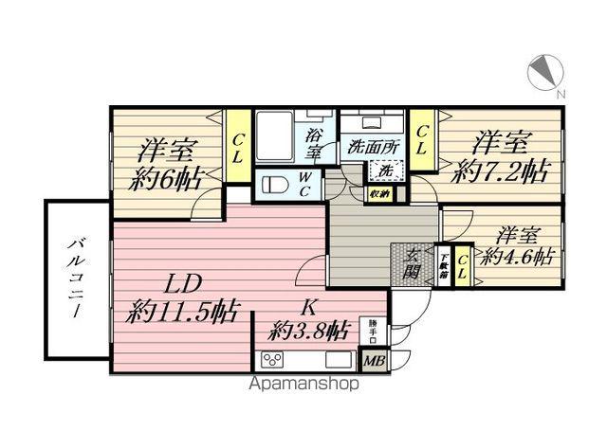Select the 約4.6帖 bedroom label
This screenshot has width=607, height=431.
(516, 244)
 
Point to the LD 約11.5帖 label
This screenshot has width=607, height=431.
(183, 296)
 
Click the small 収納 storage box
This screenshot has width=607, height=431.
(380, 194)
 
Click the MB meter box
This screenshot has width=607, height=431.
(373, 360)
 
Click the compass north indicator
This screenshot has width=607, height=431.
(546, 74)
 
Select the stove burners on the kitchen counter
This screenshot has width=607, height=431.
(274, 360)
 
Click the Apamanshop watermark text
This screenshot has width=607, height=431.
(303, 386)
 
